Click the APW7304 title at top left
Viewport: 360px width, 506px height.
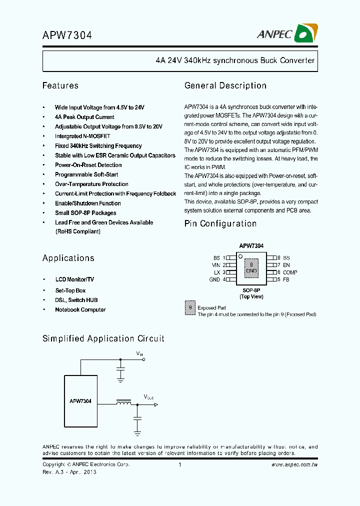67,35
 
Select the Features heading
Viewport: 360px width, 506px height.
60,85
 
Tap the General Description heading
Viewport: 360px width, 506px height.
225,85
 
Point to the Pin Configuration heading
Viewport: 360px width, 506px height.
220,223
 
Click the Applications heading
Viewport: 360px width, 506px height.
68,258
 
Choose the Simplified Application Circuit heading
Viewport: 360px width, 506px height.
103,338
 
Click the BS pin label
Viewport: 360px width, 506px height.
216,258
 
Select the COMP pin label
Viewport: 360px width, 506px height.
290,272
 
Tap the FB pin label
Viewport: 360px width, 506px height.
286,279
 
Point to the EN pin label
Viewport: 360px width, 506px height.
286,265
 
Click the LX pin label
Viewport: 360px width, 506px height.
217,272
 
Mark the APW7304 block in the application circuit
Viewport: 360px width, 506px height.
80,401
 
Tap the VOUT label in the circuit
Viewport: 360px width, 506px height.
148,396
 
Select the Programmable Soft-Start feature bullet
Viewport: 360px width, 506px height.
86,174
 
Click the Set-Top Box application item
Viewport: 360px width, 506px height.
70,290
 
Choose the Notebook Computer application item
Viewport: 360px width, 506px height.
80,309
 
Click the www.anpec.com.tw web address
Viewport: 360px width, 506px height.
294,465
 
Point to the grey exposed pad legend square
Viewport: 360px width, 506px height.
189,308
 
